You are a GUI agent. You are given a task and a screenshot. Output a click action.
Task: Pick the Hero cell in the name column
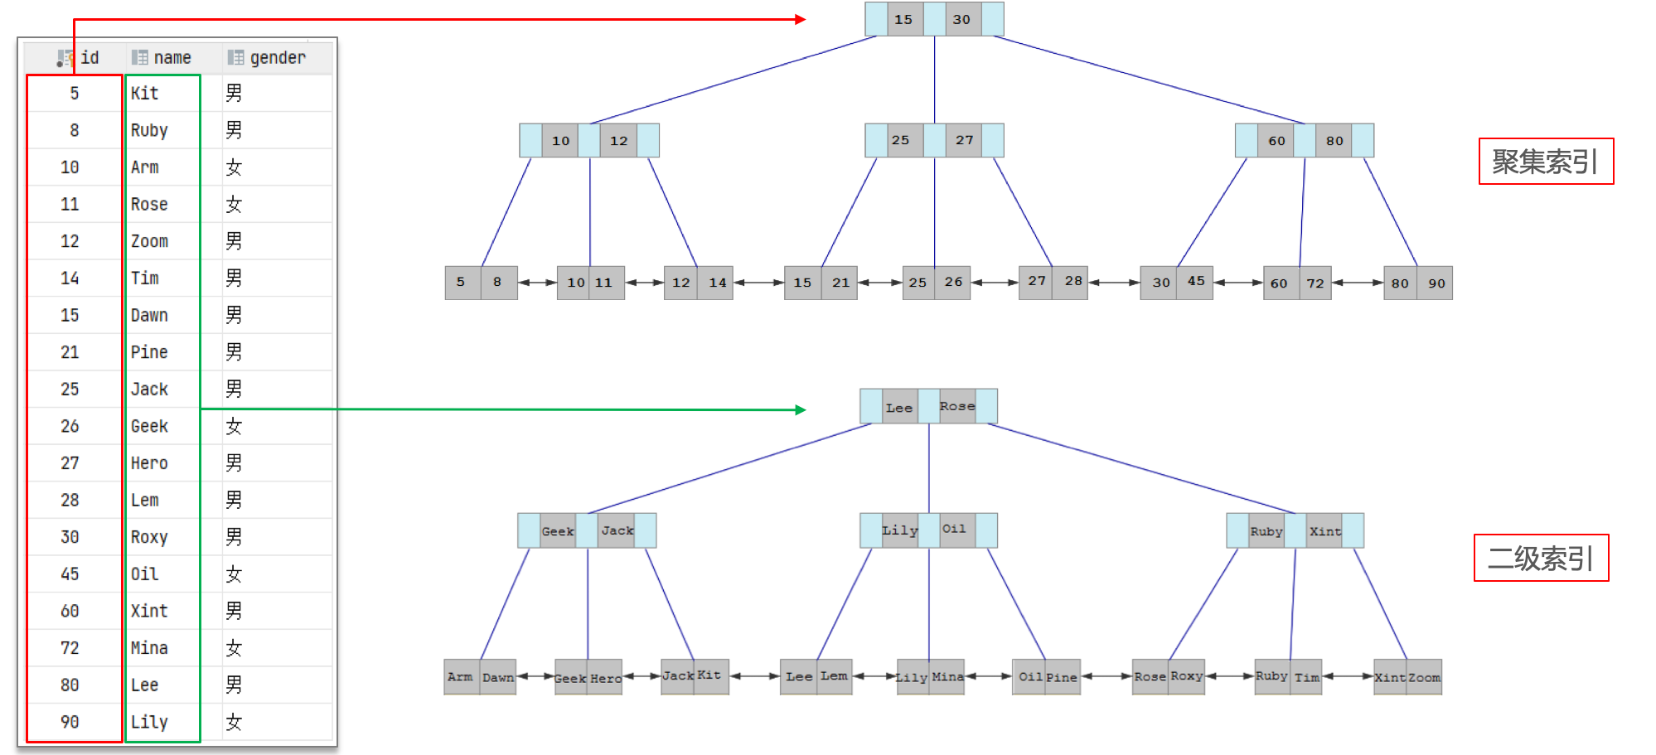tap(149, 463)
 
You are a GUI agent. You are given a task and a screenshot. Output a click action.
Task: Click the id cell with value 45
tap(70, 574)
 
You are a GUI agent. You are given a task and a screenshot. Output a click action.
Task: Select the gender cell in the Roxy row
tap(235, 537)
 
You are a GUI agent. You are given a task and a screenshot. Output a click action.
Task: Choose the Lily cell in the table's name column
tap(149, 722)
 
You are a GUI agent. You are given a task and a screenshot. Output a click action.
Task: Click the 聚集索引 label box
tap(1546, 162)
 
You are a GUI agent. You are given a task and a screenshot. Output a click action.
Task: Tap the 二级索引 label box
tap(1541, 559)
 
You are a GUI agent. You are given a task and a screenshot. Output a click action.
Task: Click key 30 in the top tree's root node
tap(961, 19)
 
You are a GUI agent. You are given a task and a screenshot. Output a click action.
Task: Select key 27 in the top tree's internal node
tap(964, 140)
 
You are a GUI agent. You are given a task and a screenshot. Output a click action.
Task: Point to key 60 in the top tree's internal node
tap(1276, 141)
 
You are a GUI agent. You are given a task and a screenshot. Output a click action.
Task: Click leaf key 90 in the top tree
tap(1436, 283)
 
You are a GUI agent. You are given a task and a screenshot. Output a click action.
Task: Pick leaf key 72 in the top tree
tap(1315, 283)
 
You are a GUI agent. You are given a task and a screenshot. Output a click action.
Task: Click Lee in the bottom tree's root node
tap(899, 407)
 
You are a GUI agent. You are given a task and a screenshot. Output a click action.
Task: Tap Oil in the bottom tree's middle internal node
tap(954, 530)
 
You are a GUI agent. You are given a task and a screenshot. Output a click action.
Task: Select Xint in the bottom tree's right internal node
tap(1324, 531)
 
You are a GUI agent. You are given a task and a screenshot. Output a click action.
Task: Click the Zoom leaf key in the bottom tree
tap(1424, 677)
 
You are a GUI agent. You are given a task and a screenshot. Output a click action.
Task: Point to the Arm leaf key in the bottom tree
tap(460, 677)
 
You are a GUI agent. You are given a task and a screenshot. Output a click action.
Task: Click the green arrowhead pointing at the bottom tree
tap(800, 409)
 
